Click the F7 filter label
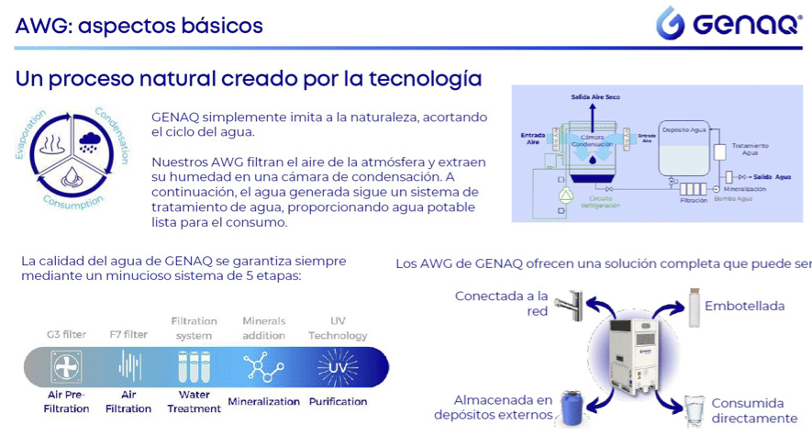point(128,334)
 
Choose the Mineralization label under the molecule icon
point(264,401)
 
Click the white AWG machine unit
point(633,359)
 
